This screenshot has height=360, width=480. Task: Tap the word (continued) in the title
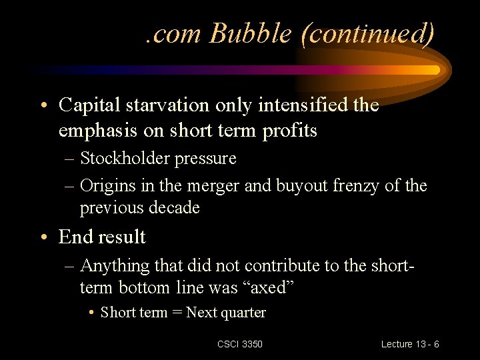tap(368, 33)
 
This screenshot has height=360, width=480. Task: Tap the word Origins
tap(107, 185)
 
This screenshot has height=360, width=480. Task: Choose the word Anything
tap(115, 265)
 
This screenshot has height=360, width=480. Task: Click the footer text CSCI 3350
tap(240, 344)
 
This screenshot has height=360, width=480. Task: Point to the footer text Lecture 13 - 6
tap(410, 344)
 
